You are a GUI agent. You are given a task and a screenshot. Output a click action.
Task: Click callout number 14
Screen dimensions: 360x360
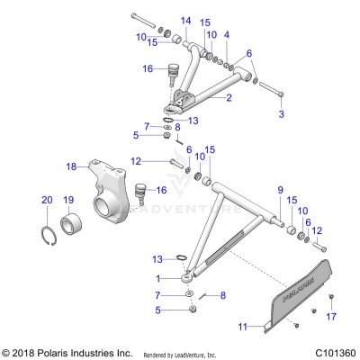pyautogui.click(x=185, y=20)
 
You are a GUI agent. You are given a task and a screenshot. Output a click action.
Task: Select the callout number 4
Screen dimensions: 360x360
pyautogui.click(x=228, y=34)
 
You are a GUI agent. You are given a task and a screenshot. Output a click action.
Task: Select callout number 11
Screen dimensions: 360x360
pyautogui.click(x=242, y=328)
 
